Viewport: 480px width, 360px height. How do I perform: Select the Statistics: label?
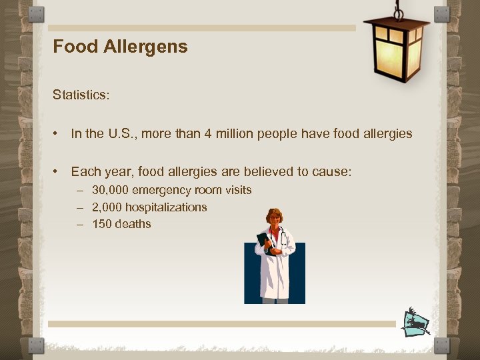click(x=81, y=95)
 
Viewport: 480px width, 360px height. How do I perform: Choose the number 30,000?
click(x=110, y=190)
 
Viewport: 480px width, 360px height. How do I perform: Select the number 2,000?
click(x=107, y=207)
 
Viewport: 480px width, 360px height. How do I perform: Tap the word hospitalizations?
click(x=167, y=207)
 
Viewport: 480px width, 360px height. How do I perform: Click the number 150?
click(x=102, y=224)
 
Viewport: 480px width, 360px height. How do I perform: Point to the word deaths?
click(x=133, y=224)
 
